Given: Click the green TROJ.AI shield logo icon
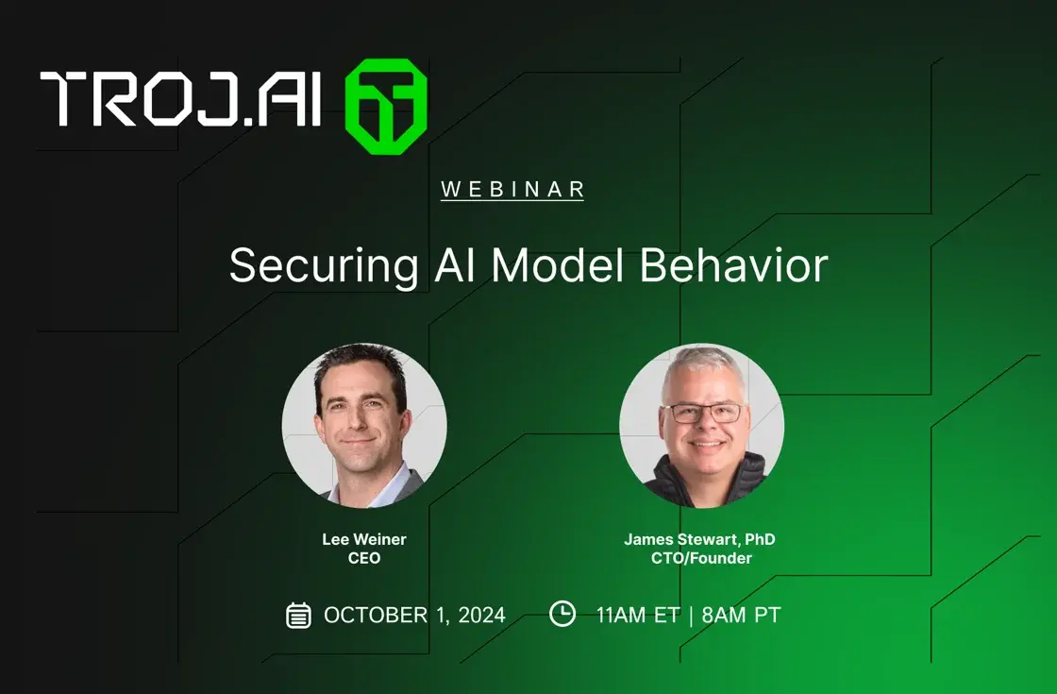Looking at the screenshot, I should click(385, 106).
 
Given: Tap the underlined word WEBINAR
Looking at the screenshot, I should click(512, 189).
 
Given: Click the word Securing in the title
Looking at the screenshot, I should click(323, 266).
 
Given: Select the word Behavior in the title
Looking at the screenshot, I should click(733, 265).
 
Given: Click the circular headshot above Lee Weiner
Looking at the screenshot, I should click(364, 426).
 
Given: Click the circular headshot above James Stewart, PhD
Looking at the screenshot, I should click(701, 426).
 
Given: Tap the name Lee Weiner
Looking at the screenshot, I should click(364, 539).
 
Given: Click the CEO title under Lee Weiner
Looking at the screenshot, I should click(364, 558).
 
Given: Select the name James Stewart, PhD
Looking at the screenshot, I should click(699, 539).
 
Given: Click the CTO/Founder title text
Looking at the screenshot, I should click(699, 558).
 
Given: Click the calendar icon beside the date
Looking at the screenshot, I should click(298, 615).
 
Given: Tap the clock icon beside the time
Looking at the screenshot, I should click(562, 614).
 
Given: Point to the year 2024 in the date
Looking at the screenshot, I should click(481, 616).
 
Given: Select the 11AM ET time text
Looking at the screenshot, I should click(637, 616).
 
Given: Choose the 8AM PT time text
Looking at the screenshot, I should click(741, 616).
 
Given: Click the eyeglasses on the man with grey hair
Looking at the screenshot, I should click(703, 413).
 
